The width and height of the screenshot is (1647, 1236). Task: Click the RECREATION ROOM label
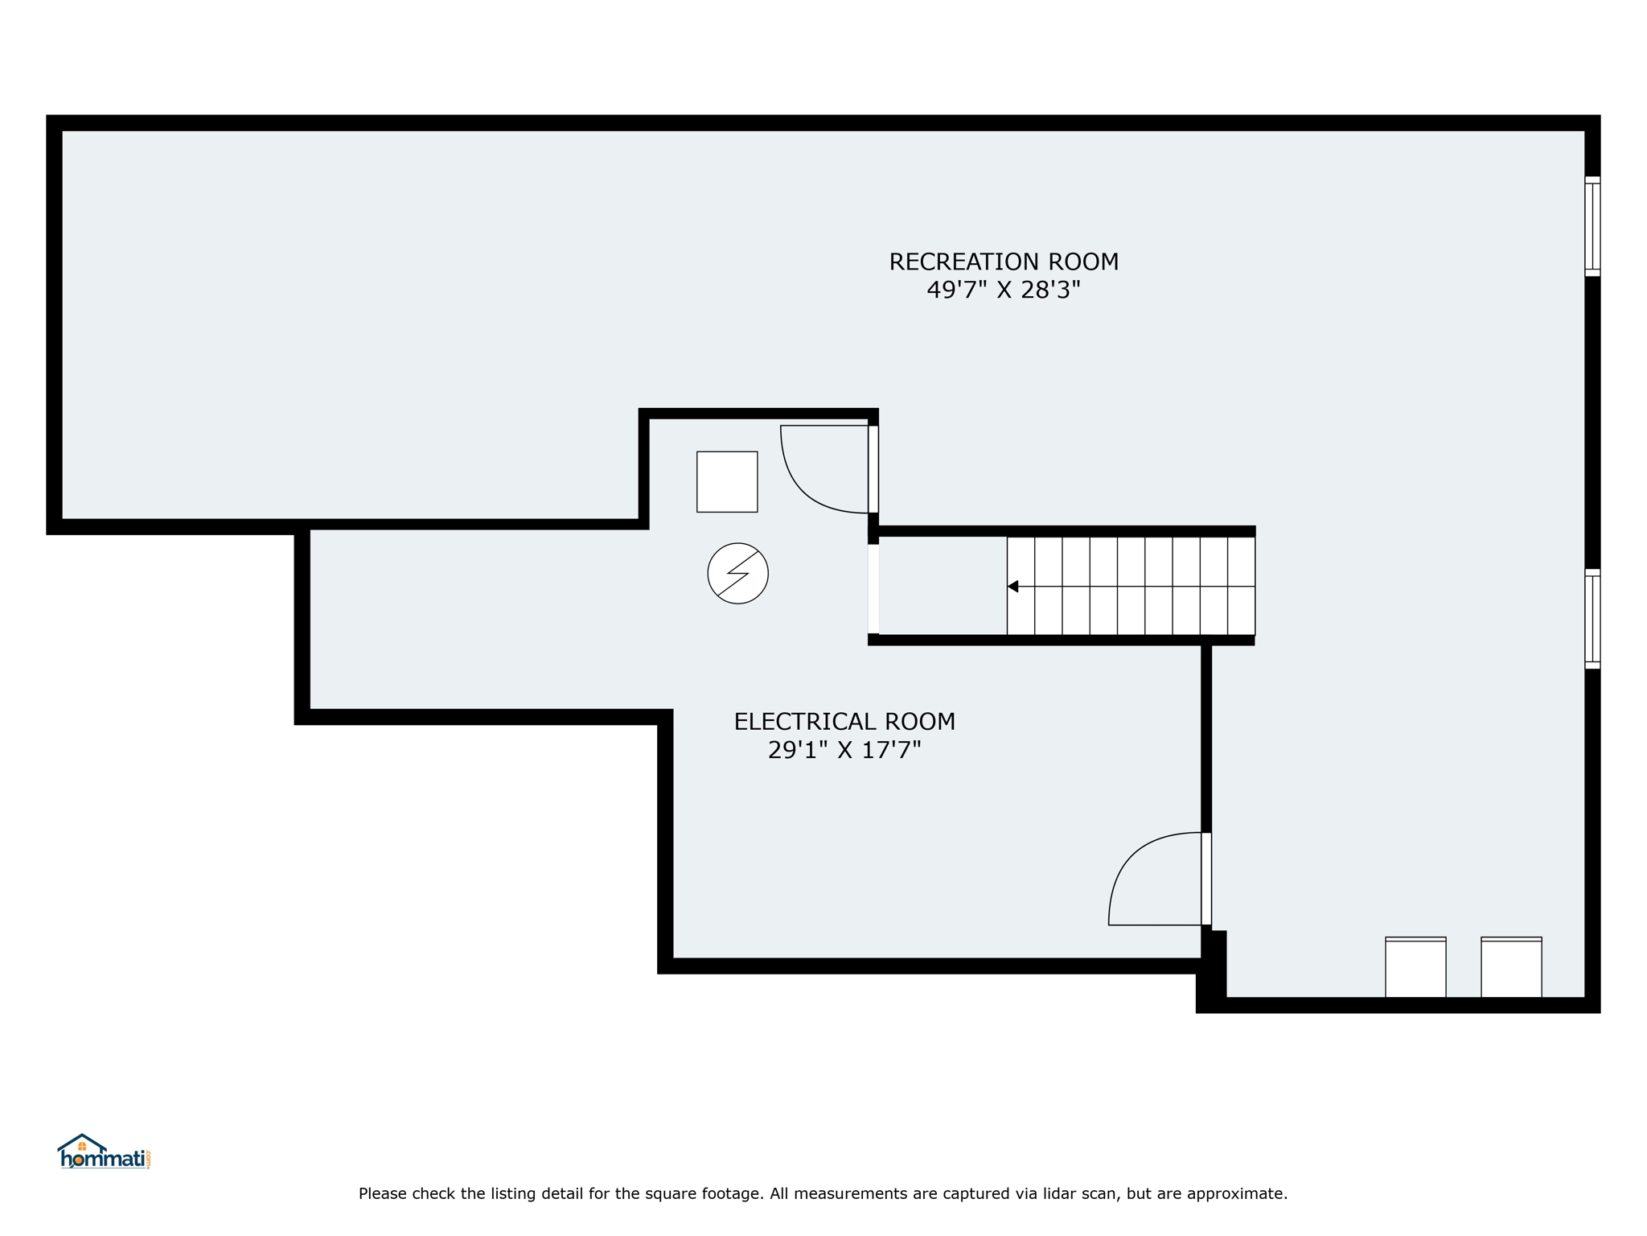pyautogui.click(x=1004, y=262)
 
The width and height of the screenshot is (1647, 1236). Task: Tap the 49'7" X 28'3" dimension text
pyautogui.click(x=1004, y=290)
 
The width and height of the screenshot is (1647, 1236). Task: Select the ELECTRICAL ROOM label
pyautogui.click(x=844, y=722)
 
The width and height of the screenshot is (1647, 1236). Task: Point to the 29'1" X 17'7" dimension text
pyautogui.click(x=844, y=750)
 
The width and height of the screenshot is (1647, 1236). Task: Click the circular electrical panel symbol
pyautogui.click(x=737, y=573)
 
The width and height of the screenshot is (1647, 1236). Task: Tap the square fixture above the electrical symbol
pyautogui.click(x=727, y=481)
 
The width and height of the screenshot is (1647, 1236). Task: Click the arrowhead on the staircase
pyautogui.click(x=1013, y=587)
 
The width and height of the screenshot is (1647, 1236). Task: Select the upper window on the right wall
pyautogui.click(x=1592, y=226)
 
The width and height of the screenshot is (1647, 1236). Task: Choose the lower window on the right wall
pyautogui.click(x=1592, y=619)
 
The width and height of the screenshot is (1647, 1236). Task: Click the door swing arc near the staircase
pyautogui.click(x=804, y=488)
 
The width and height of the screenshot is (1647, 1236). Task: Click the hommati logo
pyautogui.click(x=104, y=1152)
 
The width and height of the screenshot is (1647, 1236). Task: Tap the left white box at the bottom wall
pyautogui.click(x=1415, y=967)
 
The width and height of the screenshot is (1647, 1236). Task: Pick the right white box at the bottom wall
pyautogui.click(x=1511, y=967)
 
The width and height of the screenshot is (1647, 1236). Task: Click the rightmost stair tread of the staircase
pyautogui.click(x=1241, y=586)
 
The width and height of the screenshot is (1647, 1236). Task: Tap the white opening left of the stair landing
pyautogui.click(x=873, y=589)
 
